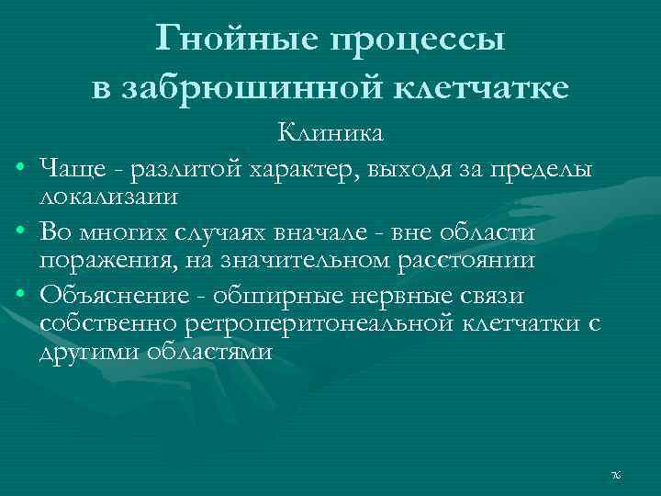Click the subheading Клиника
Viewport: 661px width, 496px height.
[331, 135]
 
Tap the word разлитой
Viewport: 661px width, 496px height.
[185, 169]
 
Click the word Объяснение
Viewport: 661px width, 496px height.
[117, 298]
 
